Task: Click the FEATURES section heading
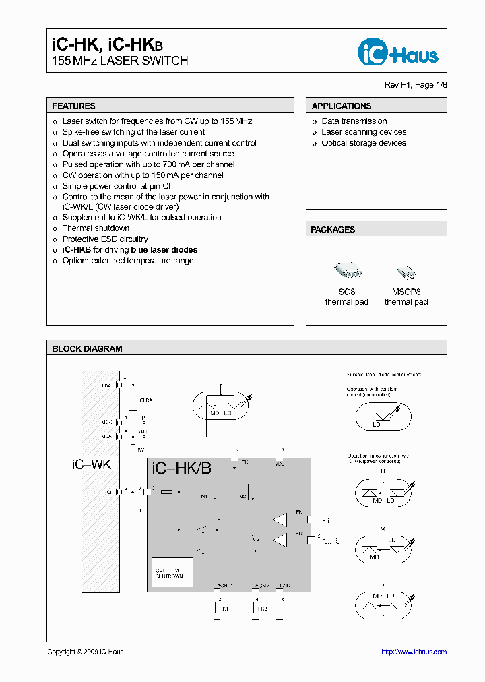coord(74,106)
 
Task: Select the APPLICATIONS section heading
coord(342,106)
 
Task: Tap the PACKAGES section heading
coord(333,230)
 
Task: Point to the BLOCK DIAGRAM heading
coord(88,349)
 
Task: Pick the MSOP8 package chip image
coord(406,272)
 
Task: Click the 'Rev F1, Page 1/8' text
coord(415,85)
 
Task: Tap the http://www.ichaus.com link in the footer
coord(414,652)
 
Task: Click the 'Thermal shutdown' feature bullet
coord(96,228)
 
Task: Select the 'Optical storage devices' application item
coord(364,143)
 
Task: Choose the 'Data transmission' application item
coord(354,121)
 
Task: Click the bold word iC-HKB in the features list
coord(77,250)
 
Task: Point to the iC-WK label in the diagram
coord(91,465)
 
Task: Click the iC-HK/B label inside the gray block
coord(182,468)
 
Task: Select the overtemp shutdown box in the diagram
coord(172,571)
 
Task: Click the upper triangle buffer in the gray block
coord(280,520)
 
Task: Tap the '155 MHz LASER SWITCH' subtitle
coord(120,61)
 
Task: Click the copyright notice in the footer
coord(86,652)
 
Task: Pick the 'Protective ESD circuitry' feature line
coord(105,239)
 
